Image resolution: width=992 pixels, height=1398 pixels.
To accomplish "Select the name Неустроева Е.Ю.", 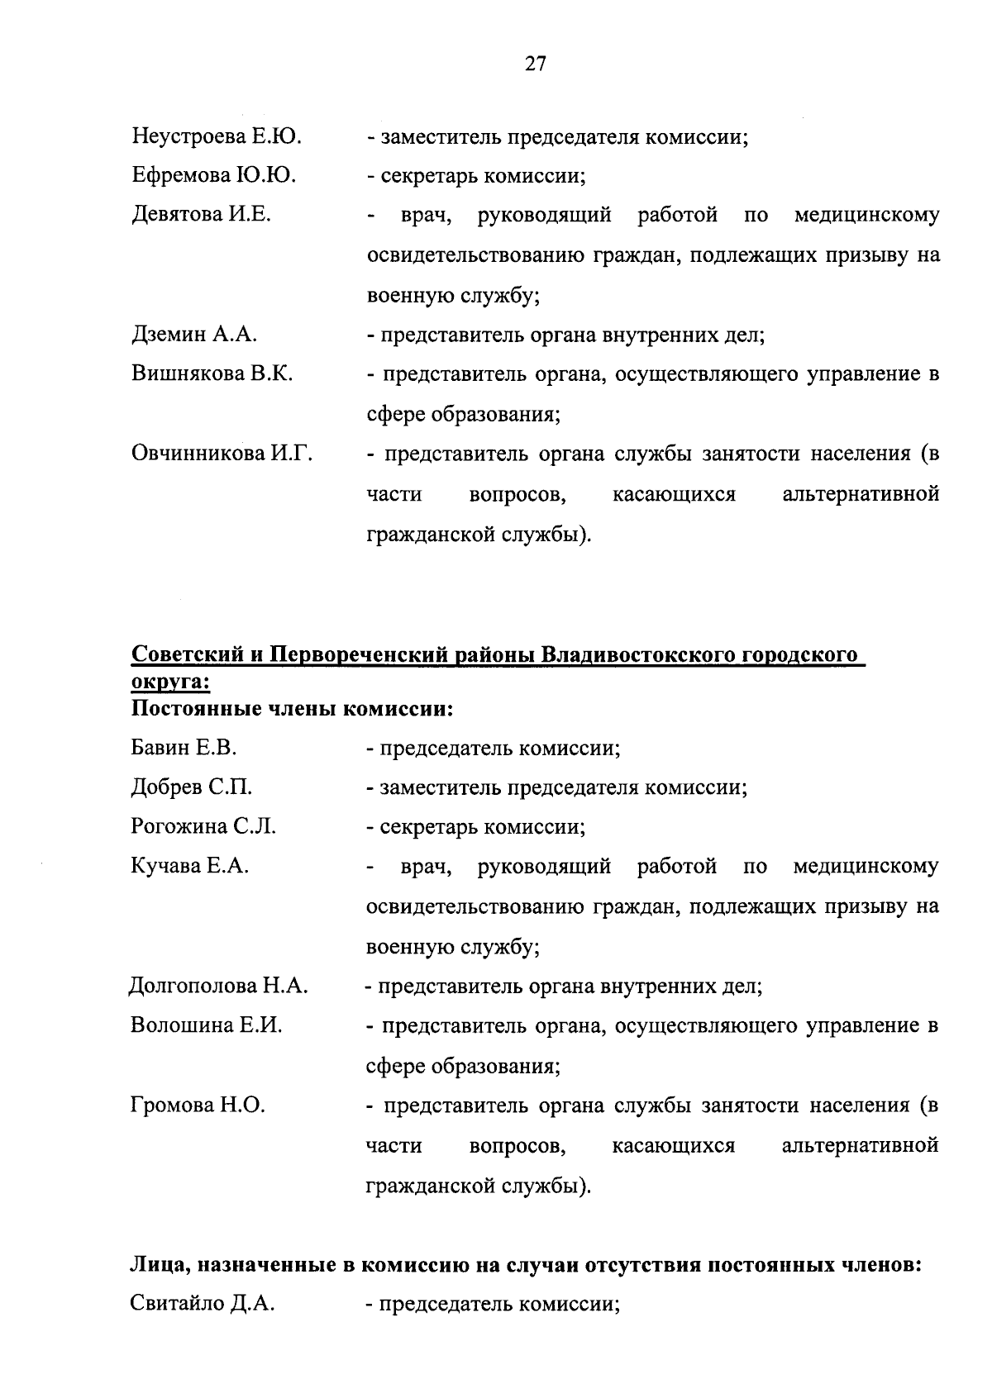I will [x=217, y=137].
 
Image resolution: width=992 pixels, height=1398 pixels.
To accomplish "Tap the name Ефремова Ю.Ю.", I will [x=214, y=176].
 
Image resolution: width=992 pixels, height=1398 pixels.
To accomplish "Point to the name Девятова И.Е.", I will [x=202, y=215].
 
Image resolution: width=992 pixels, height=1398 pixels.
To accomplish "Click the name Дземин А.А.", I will [x=195, y=335].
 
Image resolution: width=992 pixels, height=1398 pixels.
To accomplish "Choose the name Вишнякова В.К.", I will [x=212, y=373].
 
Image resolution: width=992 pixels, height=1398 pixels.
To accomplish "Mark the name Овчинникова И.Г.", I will [x=222, y=454].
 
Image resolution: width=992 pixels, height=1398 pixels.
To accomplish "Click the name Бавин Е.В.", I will [x=184, y=749].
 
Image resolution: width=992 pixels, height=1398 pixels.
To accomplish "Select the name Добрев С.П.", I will [x=192, y=787].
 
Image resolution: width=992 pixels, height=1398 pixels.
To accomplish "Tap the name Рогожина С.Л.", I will [x=203, y=827].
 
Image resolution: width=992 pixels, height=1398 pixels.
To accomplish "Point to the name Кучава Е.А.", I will [x=190, y=867].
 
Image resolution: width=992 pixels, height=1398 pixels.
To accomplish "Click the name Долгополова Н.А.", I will [x=219, y=986].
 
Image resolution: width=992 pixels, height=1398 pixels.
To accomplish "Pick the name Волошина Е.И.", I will [x=207, y=1025].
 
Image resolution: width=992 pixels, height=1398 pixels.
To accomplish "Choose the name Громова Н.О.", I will [x=198, y=1106].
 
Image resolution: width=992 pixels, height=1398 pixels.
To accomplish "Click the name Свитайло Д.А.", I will [x=203, y=1305].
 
